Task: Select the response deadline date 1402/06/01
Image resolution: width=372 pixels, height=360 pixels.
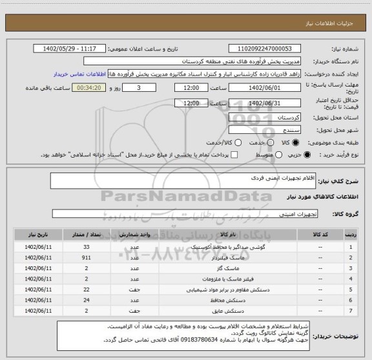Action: pyautogui.click(x=265, y=88)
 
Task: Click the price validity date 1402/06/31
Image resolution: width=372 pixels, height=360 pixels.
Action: pyautogui.click(x=265, y=103)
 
